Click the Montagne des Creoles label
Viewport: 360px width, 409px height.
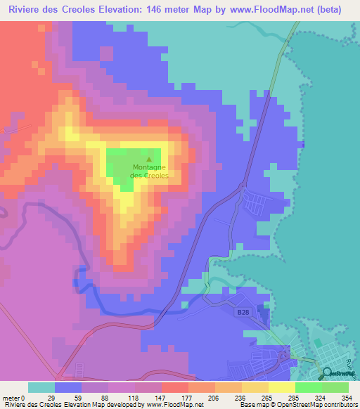(x=149, y=171)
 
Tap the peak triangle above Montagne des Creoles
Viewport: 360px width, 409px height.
(x=148, y=160)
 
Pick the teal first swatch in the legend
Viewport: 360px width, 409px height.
(x=41, y=387)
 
